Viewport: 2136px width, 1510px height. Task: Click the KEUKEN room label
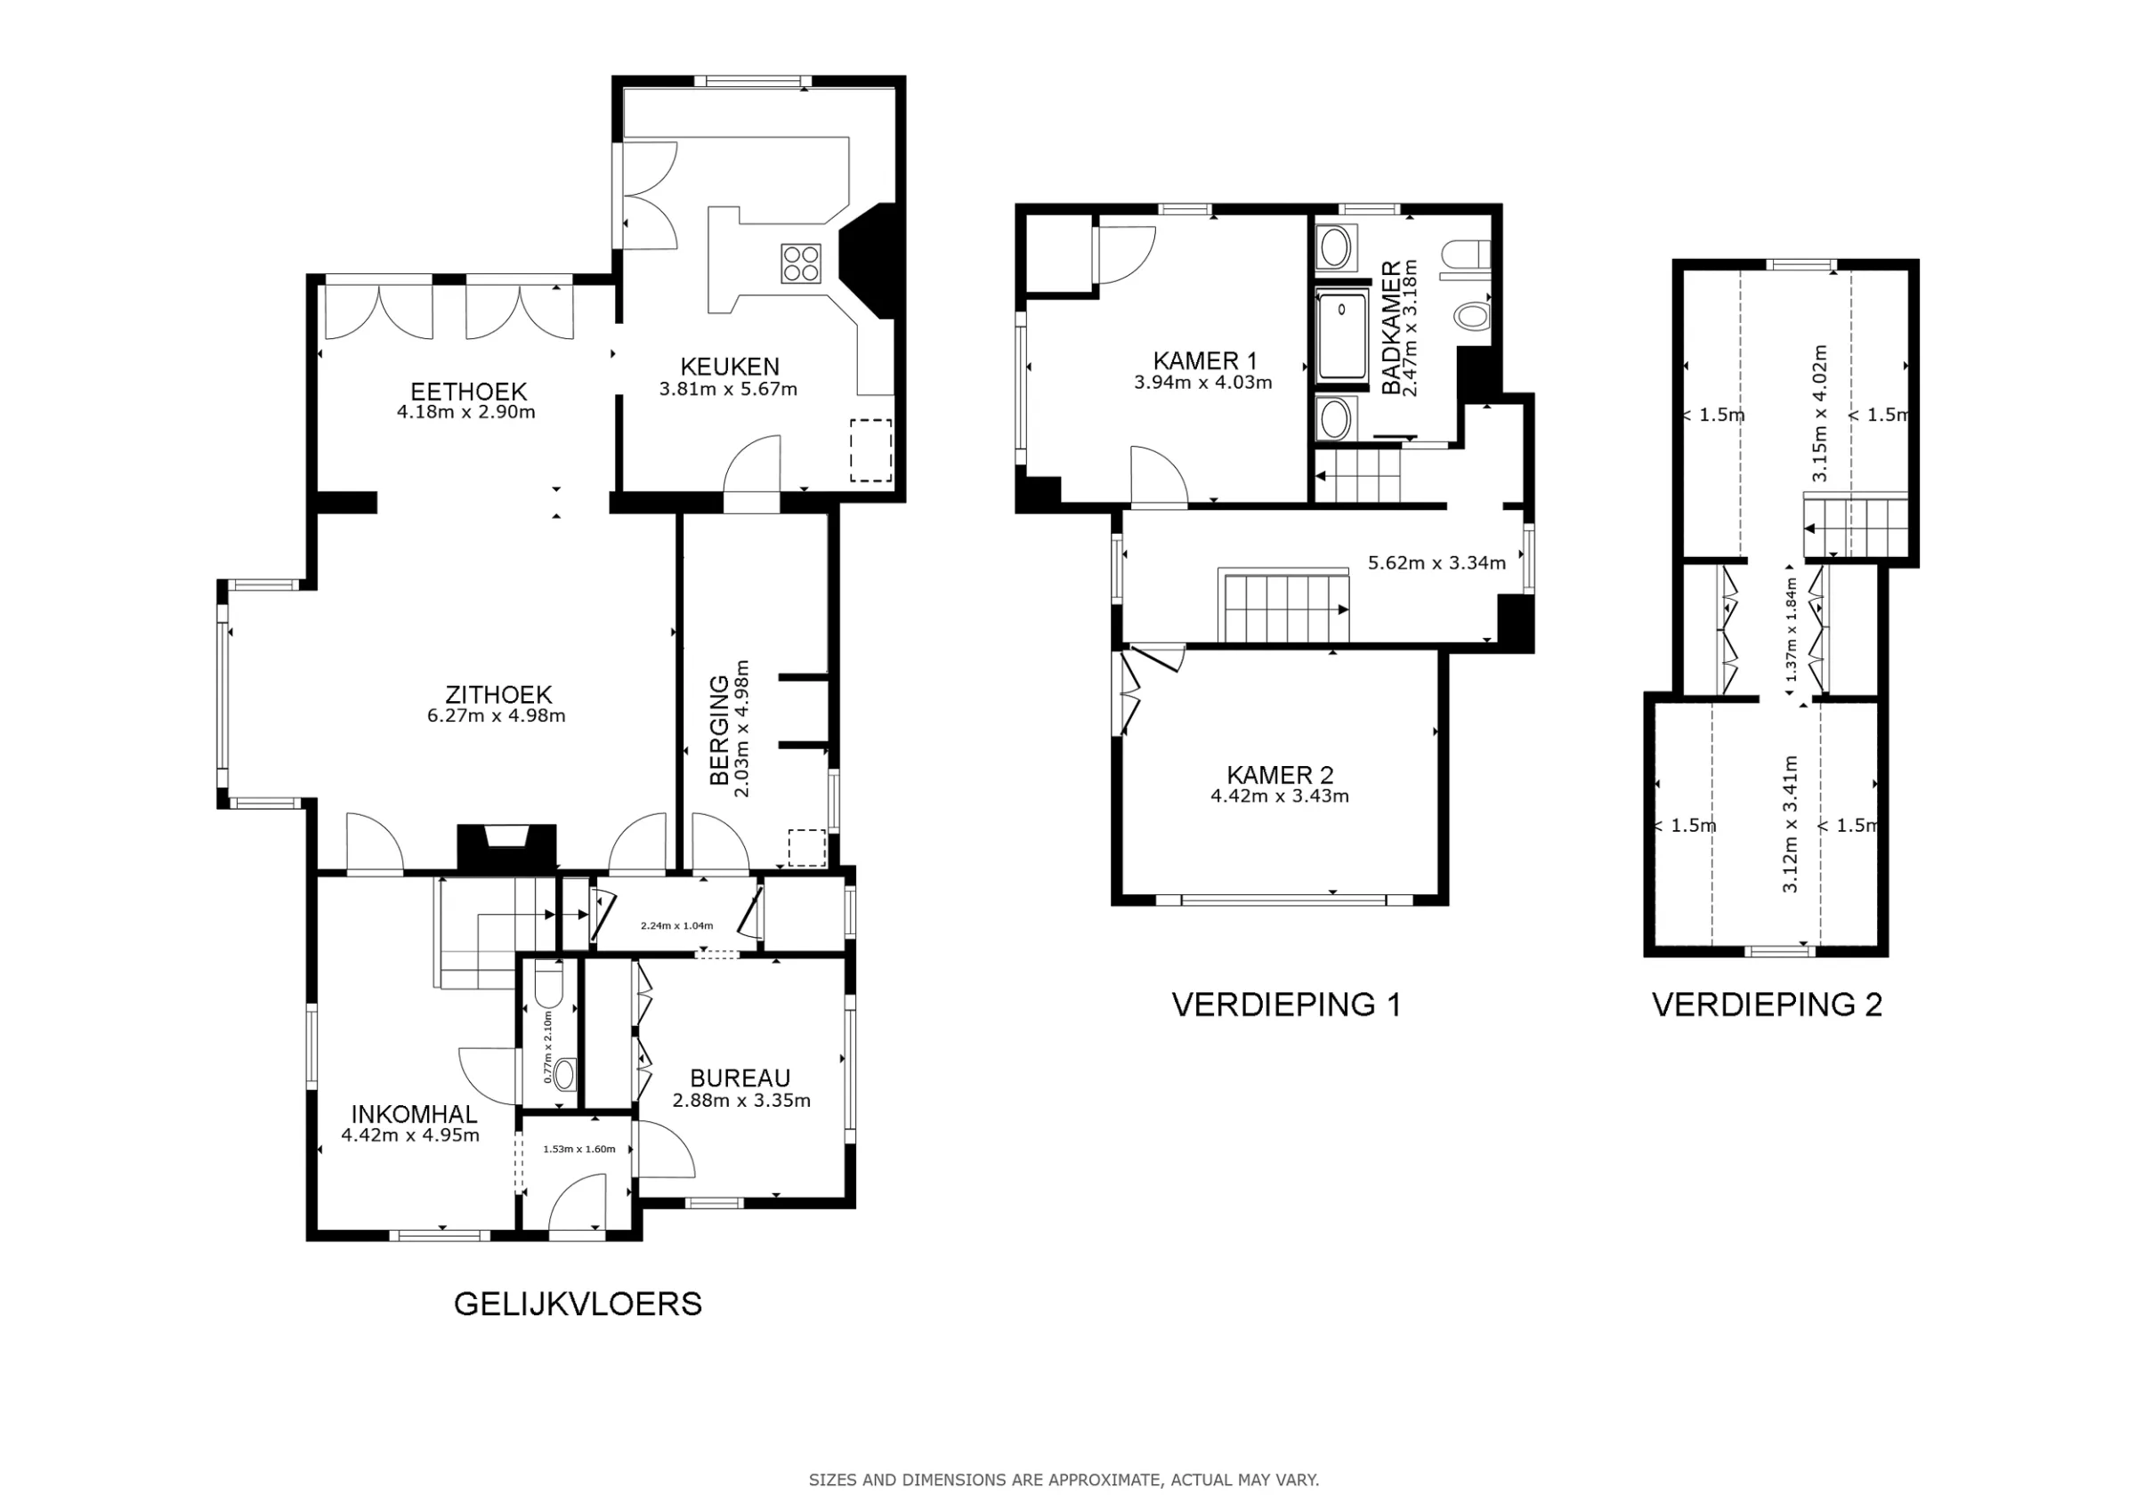click(730, 367)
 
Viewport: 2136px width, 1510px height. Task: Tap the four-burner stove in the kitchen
click(801, 262)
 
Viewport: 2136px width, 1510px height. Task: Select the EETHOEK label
click(469, 392)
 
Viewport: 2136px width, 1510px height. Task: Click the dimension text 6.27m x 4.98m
click(496, 716)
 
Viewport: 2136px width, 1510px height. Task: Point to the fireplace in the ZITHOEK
click(507, 846)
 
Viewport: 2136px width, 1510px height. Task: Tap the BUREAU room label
click(740, 1078)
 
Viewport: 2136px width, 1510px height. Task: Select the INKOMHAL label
click(413, 1114)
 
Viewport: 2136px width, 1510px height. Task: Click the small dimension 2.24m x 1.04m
click(676, 925)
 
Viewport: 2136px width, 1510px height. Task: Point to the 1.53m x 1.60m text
click(578, 1149)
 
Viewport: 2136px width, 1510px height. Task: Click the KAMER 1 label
click(1204, 360)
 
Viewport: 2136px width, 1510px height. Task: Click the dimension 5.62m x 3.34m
click(1436, 563)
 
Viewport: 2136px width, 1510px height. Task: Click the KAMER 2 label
click(1279, 774)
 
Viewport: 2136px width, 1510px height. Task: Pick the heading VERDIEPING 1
click(1286, 1005)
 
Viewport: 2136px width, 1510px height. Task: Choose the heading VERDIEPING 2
click(1767, 1005)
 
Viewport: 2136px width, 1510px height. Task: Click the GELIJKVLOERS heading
click(577, 1304)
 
